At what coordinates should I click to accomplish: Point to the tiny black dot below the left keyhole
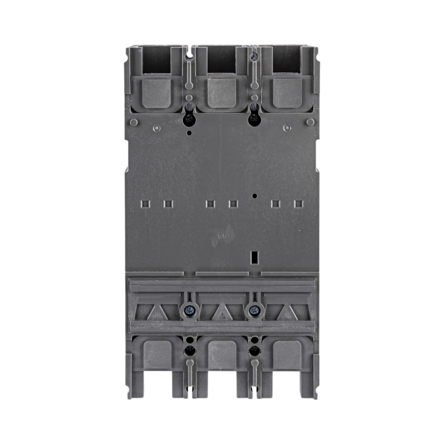click(189, 133)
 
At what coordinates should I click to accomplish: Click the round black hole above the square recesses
click(255, 196)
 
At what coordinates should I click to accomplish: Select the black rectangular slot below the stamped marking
click(253, 257)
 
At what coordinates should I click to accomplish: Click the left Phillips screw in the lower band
click(189, 311)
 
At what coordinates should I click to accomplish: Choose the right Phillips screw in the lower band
click(253, 311)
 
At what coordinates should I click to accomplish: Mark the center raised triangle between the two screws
click(222, 311)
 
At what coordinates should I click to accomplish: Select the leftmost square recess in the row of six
click(146, 203)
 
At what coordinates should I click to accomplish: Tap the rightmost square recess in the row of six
click(298, 203)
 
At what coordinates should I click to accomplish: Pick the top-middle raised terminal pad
click(222, 93)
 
